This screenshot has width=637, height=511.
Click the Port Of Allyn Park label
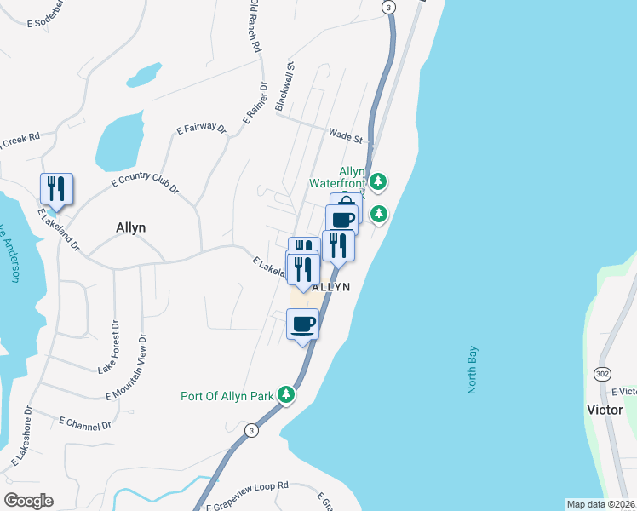tap(227, 396)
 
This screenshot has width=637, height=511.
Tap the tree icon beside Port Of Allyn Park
tap(288, 395)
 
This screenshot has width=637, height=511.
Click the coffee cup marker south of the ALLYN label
tap(303, 324)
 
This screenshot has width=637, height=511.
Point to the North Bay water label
tap(473, 369)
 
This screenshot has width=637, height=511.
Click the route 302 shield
tap(602, 374)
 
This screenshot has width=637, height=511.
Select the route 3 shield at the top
tap(388, 7)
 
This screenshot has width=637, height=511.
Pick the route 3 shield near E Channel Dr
tap(251, 430)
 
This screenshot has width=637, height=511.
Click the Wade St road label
tap(346, 135)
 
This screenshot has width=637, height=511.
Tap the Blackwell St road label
tap(284, 86)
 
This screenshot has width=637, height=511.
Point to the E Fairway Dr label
tap(201, 129)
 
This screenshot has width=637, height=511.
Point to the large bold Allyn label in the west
tap(130, 227)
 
